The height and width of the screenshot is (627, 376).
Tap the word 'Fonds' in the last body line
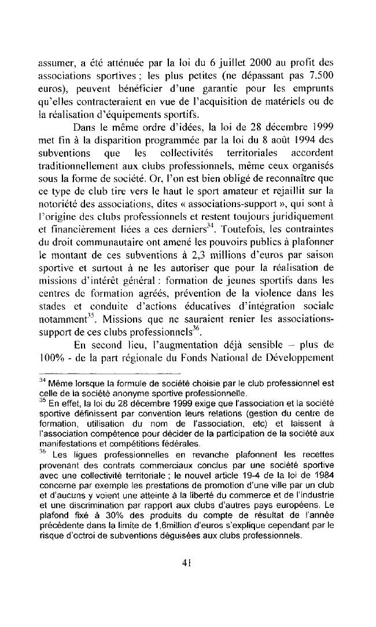click(x=226, y=354)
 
